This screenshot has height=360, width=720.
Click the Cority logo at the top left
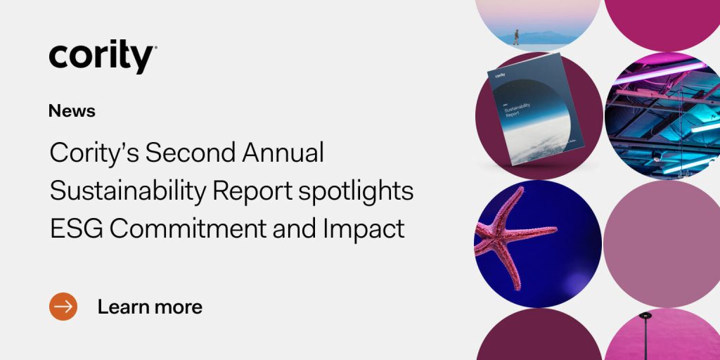[102, 56]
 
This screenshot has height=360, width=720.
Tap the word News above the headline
[72, 110]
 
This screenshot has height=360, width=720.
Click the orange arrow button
[63, 307]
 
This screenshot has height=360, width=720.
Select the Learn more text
[150, 307]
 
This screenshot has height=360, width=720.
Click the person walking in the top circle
[515, 37]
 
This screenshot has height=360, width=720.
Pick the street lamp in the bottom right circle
[645, 334]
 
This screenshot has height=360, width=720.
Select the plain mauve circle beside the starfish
[661, 243]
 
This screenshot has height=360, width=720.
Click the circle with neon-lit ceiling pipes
[661, 116]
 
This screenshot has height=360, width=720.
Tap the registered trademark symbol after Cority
[155, 48]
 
